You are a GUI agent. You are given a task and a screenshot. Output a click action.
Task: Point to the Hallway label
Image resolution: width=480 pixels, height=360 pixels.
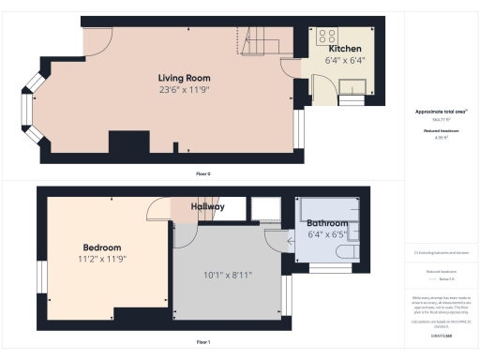(x=208, y=207)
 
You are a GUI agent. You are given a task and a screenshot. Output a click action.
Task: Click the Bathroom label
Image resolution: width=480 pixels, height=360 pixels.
(x=326, y=222)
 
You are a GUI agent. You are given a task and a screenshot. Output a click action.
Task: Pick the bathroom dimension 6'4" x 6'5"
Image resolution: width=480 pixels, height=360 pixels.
(x=326, y=234)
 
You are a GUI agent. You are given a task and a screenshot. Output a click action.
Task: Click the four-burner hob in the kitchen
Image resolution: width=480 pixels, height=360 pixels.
(x=328, y=37)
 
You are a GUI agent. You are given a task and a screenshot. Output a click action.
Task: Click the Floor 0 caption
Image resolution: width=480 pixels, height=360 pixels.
(x=203, y=173)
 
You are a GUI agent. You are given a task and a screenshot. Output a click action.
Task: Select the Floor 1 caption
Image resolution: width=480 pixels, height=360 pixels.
(x=203, y=342)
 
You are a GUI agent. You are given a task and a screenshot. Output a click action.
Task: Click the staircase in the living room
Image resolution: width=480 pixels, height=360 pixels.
(x=262, y=42)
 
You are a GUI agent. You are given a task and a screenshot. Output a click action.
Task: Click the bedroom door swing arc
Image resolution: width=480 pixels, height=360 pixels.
(x=157, y=211)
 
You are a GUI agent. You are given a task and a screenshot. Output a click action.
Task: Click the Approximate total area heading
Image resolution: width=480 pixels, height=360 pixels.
(x=441, y=112)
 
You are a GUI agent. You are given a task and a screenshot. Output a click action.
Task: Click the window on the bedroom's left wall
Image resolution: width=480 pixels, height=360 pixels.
(x=41, y=276)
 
